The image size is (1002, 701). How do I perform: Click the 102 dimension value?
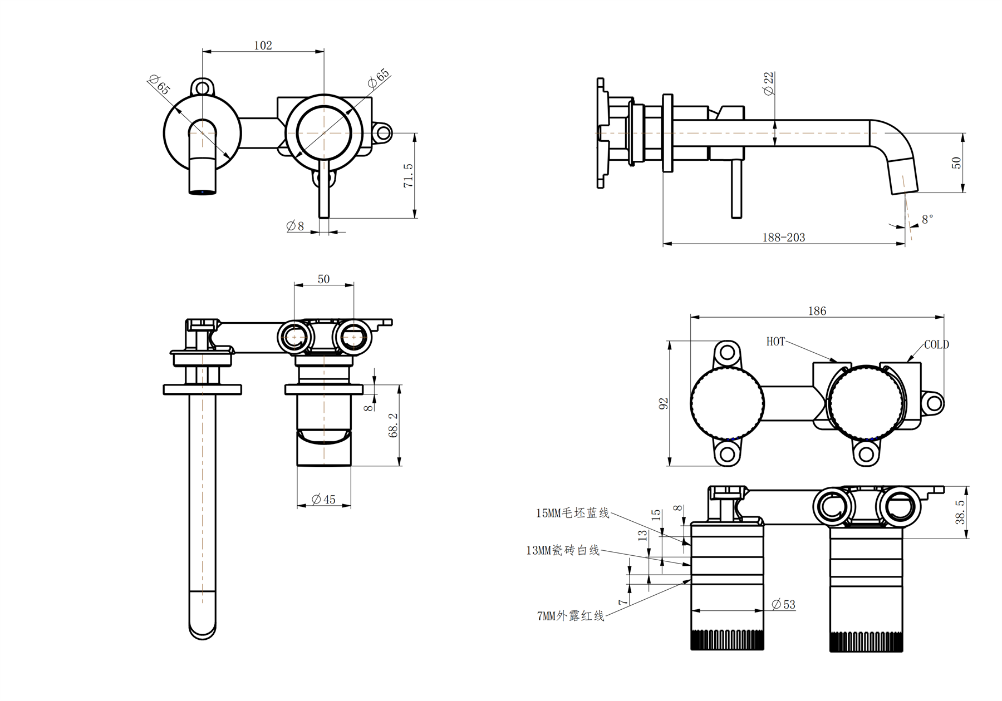[263, 45]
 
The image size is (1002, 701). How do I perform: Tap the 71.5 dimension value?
[408, 175]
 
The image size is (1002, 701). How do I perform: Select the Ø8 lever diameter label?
[295, 226]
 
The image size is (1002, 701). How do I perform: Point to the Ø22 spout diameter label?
[769, 83]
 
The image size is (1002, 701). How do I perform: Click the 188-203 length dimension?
[783, 238]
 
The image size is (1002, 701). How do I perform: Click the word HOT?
[775, 342]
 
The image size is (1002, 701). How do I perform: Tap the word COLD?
[936, 345]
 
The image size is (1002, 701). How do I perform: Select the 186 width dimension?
[817, 311]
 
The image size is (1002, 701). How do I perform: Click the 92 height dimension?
[663, 403]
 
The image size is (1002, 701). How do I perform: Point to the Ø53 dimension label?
[784, 604]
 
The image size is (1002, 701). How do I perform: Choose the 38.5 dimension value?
[960, 512]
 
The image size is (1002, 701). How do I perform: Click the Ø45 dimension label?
[323, 500]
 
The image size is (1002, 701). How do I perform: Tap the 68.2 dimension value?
[393, 425]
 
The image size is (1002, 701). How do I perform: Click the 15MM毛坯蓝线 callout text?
[572, 513]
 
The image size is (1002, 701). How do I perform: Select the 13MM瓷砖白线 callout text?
[563, 550]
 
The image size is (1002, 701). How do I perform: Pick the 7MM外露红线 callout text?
[571, 616]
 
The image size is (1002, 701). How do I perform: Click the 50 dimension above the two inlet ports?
[323, 279]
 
